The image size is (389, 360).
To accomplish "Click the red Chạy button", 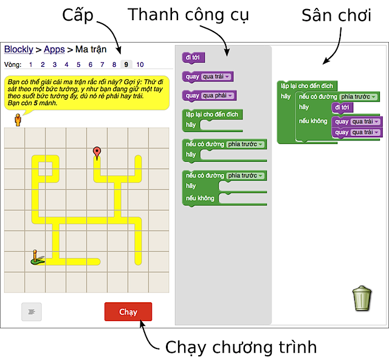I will click(x=128, y=312).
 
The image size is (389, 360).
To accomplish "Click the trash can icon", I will click(x=362, y=299).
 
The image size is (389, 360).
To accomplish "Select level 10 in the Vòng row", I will click(x=140, y=64).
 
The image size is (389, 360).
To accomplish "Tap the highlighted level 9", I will click(x=125, y=64).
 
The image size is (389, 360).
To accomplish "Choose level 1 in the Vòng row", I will click(x=31, y=64).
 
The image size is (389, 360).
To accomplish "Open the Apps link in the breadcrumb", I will click(x=54, y=49).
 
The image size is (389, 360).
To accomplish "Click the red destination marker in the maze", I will click(x=97, y=153).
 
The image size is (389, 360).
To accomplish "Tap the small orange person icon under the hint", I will click(x=18, y=119).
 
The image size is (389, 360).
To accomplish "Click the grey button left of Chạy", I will click(x=32, y=311).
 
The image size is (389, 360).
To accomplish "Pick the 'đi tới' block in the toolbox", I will click(x=193, y=58).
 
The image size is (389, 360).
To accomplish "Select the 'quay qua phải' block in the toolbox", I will click(x=209, y=95).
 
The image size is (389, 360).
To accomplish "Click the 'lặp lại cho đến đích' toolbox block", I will click(x=213, y=114).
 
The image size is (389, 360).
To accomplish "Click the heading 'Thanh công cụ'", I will click(x=188, y=15).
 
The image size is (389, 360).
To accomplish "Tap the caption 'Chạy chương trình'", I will click(x=241, y=347).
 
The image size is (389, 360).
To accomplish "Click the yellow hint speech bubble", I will click(x=85, y=92).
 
